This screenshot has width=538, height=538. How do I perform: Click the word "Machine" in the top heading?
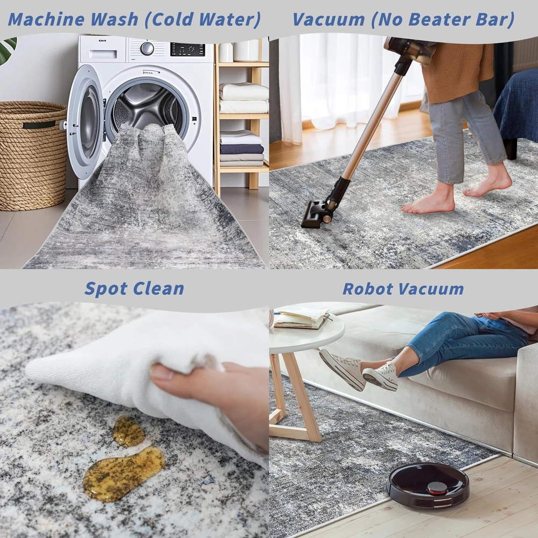(x=46, y=19)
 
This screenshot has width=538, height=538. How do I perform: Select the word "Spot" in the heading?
(x=105, y=289)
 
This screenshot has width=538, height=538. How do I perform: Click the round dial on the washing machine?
(x=147, y=48)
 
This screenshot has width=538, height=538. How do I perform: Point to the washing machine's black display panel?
(x=187, y=49)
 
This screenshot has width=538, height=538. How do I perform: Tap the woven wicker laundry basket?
(x=33, y=155)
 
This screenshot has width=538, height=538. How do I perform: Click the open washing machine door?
(x=84, y=122)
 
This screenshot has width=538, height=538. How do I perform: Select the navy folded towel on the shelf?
(x=242, y=149)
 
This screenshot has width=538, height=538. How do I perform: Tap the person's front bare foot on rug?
(x=428, y=202)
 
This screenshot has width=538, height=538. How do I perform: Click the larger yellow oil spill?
(x=124, y=473)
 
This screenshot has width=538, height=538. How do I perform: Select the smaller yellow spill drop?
(x=129, y=431)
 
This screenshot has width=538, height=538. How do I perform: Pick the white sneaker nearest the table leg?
(x=342, y=369)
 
